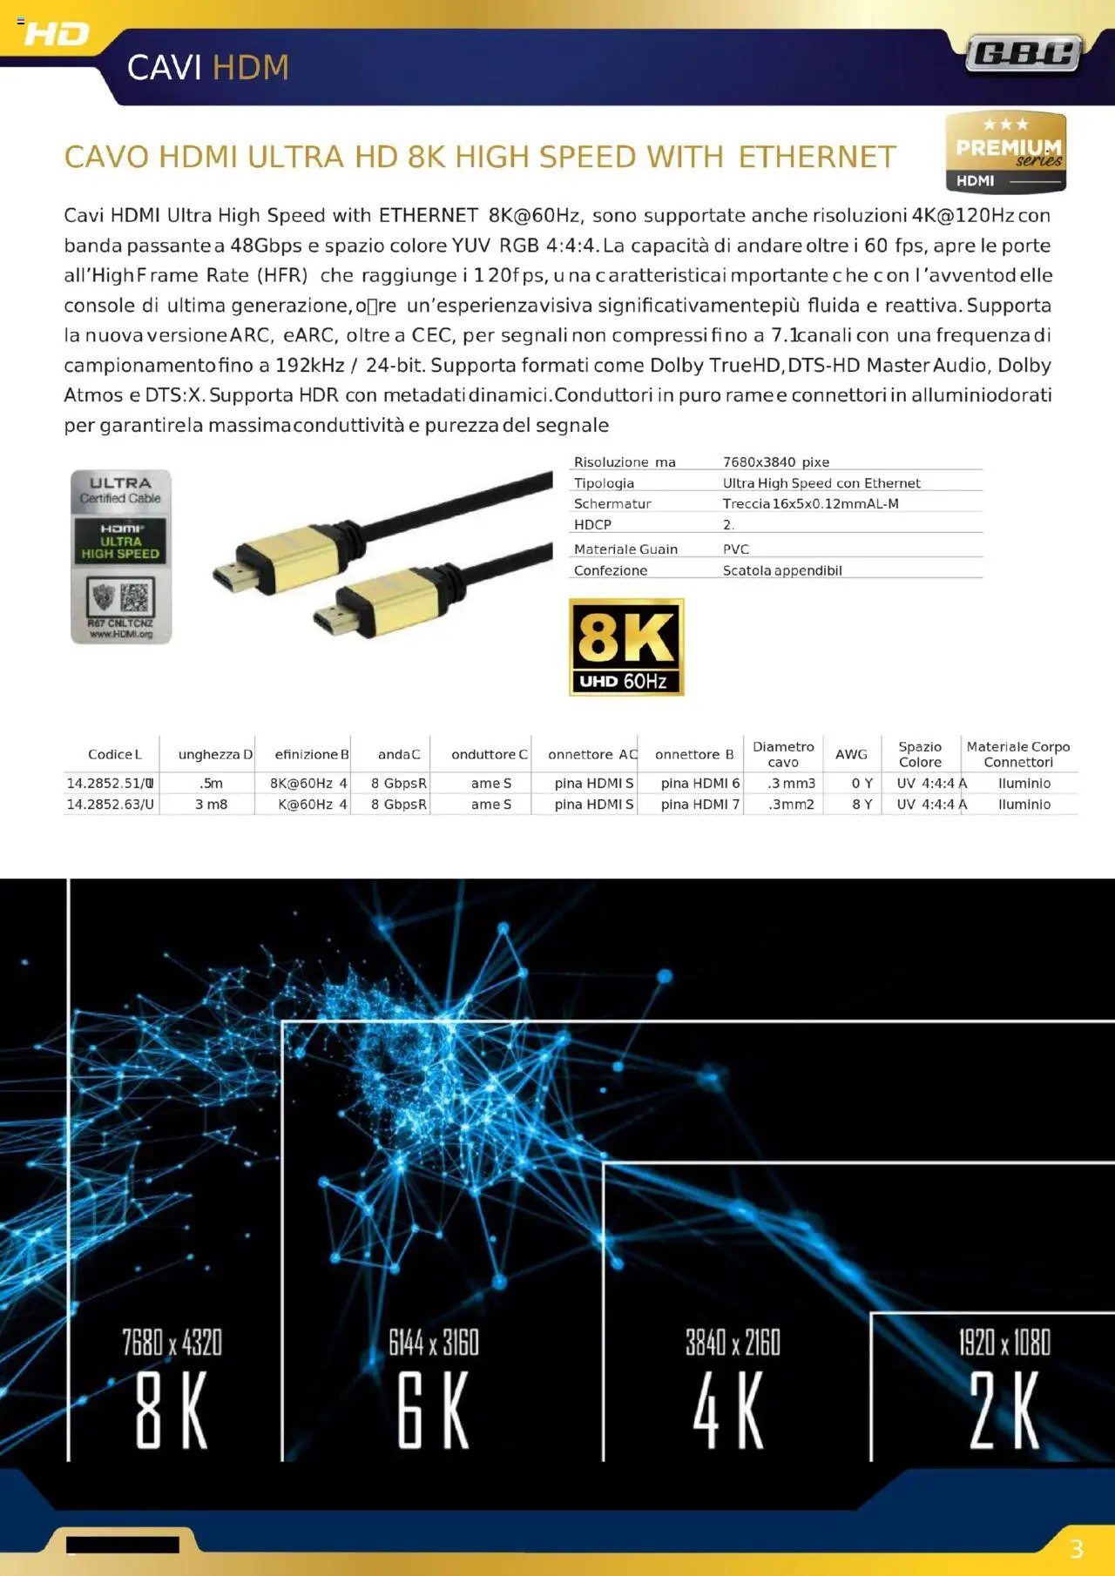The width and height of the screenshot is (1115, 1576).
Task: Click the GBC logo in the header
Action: [1024, 55]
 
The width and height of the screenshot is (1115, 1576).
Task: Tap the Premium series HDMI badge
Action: [1006, 152]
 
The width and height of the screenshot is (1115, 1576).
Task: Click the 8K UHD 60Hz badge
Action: [626, 646]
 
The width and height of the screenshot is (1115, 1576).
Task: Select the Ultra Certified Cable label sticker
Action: [121, 556]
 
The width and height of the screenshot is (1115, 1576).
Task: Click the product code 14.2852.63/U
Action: [111, 805]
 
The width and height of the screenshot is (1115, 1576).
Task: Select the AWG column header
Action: [851, 754]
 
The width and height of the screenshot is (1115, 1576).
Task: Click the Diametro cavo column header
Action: [783, 754]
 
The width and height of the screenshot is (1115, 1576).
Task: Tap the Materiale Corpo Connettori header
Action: [1018, 754]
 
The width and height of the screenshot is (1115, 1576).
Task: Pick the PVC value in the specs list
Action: [736, 549]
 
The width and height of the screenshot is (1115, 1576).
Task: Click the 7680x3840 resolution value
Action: [775, 462]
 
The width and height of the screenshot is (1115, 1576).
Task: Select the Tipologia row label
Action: [604, 483]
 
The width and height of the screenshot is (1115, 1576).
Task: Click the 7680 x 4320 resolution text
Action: [172, 1343]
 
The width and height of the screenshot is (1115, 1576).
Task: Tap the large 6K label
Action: [434, 1411]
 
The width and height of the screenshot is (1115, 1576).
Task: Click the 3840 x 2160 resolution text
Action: [733, 1343]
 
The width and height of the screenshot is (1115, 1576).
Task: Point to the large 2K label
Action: [1004, 1411]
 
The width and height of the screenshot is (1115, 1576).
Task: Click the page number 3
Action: [1077, 1549]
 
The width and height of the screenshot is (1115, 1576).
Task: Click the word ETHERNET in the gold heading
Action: [817, 158]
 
